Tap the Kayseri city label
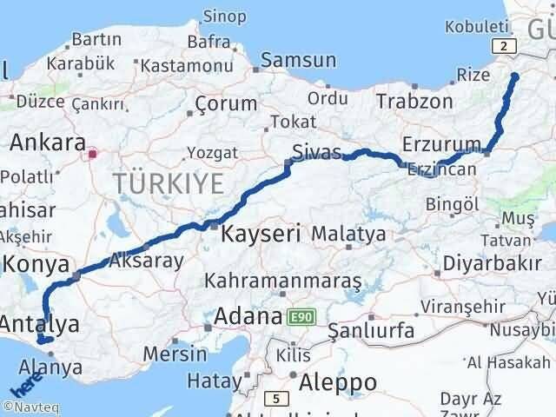click(261, 233)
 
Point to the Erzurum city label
click(442, 143)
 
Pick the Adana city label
click(248, 315)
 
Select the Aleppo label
click(338, 382)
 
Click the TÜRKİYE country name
click(168, 183)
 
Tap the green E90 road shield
click(301, 319)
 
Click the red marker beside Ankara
click(92, 156)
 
